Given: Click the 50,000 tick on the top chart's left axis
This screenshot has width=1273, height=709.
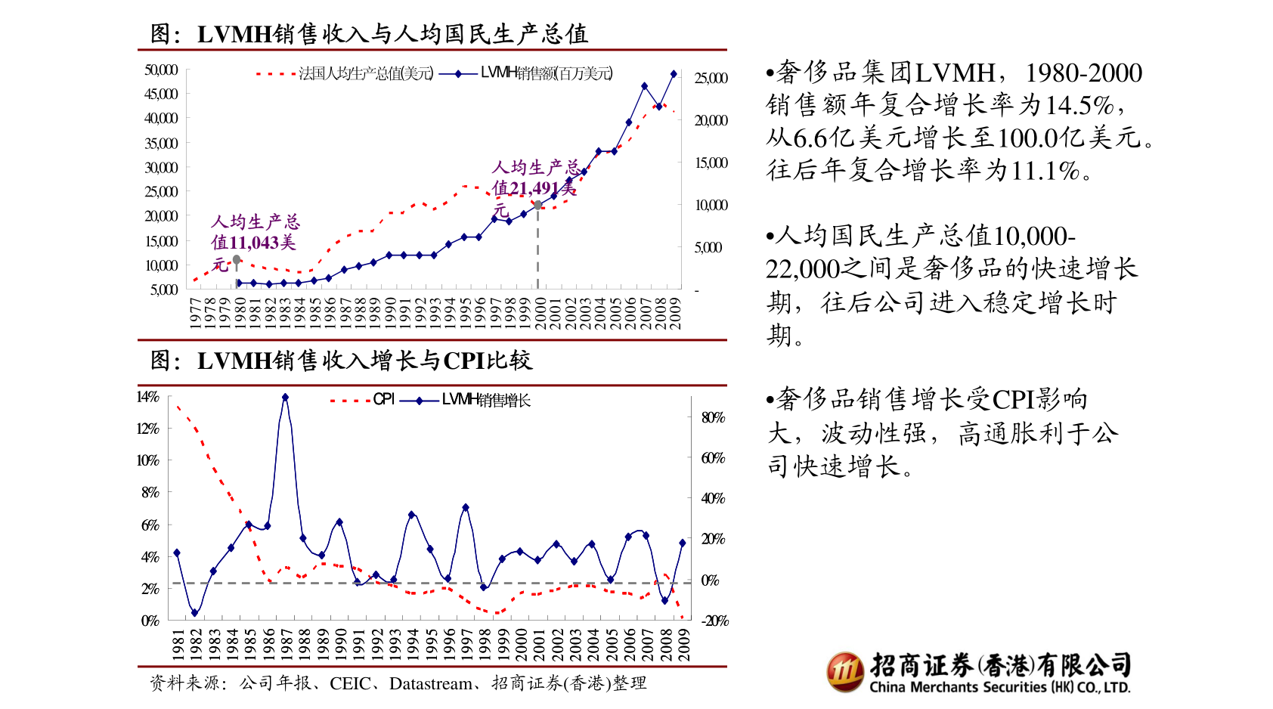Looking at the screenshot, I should (x=161, y=70).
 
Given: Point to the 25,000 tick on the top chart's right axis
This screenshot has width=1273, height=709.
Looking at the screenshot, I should (x=711, y=79).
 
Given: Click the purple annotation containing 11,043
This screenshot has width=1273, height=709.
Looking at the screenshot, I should (x=254, y=242).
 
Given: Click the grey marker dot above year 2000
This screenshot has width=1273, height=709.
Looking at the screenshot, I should (x=537, y=205).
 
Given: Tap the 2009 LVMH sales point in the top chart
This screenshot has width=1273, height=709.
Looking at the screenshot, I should (x=674, y=74).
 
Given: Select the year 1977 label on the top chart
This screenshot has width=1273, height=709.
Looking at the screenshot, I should (x=195, y=312).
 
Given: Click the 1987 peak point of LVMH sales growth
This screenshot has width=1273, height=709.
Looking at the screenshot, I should (x=285, y=397).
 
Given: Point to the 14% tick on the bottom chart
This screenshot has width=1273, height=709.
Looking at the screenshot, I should (x=147, y=397).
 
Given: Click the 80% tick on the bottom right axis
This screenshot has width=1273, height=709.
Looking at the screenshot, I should (x=713, y=417).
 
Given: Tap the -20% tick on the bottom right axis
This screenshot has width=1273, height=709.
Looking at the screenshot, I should (x=714, y=621).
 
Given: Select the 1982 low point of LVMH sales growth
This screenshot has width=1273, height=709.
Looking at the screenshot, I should (x=194, y=613).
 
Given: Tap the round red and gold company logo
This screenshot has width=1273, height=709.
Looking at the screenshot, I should (x=844, y=671).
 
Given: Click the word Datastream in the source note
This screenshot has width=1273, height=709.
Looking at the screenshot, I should (x=430, y=683).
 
